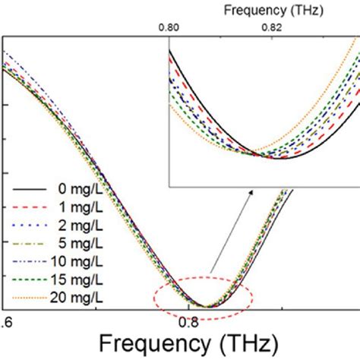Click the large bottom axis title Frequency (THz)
pyautogui.click(x=179, y=341)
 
